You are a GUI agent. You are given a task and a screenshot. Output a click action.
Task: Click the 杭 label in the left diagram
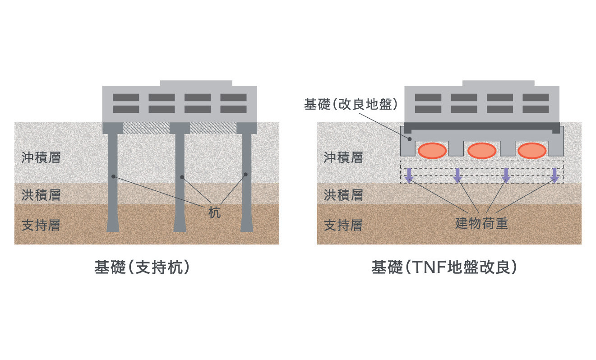214,212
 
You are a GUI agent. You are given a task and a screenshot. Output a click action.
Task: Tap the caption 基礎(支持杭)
141,268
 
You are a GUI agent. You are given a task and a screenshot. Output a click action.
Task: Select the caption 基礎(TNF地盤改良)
444,268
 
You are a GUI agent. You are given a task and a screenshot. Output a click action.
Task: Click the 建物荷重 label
481,223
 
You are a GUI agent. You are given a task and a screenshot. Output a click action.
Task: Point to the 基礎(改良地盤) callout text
351,105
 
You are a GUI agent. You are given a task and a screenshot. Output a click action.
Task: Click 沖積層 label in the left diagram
41,157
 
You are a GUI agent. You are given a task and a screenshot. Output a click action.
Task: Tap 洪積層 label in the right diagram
343,195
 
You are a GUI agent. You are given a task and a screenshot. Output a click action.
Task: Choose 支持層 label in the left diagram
41,225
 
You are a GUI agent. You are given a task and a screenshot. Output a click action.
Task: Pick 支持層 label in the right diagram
343,225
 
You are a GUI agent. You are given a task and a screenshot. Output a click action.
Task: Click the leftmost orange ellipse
432,150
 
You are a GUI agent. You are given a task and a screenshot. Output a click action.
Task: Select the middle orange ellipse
482,150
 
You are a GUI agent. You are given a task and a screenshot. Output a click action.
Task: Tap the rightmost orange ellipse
532,150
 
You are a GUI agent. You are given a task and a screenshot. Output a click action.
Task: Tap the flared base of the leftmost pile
113,226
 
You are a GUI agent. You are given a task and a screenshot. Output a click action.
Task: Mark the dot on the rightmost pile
246,175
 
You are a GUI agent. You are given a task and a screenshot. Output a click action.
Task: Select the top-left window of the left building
125,97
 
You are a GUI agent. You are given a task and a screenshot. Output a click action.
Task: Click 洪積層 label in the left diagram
41,195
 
